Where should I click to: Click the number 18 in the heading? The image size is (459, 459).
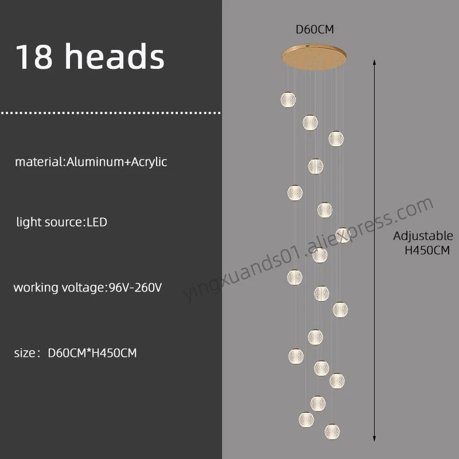click(34, 56)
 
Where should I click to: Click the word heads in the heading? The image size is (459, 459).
click(114, 56)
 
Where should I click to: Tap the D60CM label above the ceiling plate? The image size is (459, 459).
click(314, 29)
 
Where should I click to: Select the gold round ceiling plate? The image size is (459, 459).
click(314, 57)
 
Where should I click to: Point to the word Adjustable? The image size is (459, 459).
click(423, 236)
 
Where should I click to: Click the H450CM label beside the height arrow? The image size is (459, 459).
click(427, 250)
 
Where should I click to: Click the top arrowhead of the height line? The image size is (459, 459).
click(374, 62)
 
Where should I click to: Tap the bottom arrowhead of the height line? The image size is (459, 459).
click(374, 438)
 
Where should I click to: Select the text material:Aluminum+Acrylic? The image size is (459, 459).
click(91, 162)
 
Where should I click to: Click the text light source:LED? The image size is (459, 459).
click(62, 222)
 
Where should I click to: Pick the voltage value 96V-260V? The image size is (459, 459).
click(135, 287)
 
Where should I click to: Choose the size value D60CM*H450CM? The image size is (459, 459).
click(92, 353)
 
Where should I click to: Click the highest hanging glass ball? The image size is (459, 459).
click(288, 99)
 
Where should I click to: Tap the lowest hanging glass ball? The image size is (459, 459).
click(332, 432)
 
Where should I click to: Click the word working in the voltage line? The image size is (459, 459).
click(36, 288)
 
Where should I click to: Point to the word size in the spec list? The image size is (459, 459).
click(25, 353)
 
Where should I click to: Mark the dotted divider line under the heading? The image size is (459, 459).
click(111, 112)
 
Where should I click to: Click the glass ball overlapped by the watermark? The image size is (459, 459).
click(343, 235)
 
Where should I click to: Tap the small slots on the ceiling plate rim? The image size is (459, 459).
click(307, 46)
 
